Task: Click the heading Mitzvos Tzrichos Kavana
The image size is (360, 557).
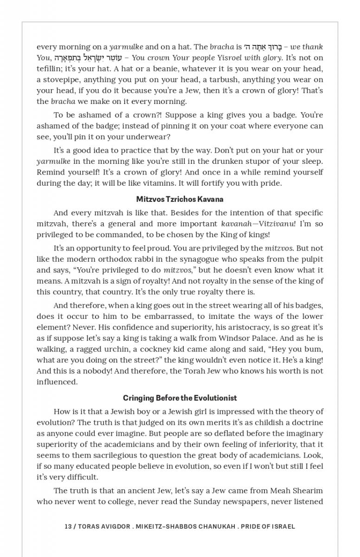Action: point(180,199)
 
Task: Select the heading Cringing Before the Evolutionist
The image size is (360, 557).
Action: point(180,398)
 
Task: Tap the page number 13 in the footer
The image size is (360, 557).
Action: point(68,526)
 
